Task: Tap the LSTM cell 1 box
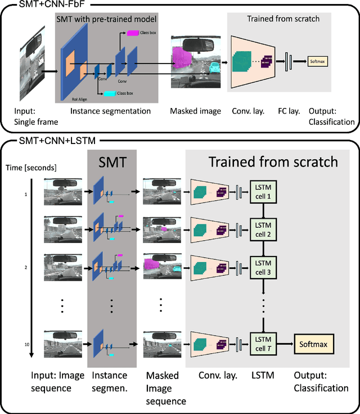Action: point(263,192)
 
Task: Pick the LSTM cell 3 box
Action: point(263,267)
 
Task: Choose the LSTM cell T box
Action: point(263,343)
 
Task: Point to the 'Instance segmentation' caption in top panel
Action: point(110,111)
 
